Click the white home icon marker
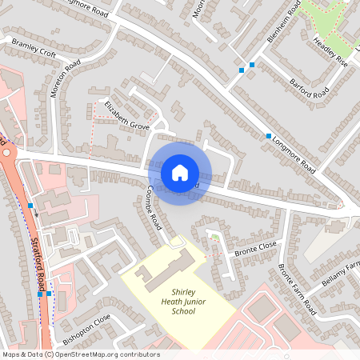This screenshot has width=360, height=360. tap(180, 172)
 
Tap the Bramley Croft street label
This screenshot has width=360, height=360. tap(34, 47)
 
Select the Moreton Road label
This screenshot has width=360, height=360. tap(66, 78)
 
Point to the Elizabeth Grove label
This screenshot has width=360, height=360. tap(127, 114)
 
